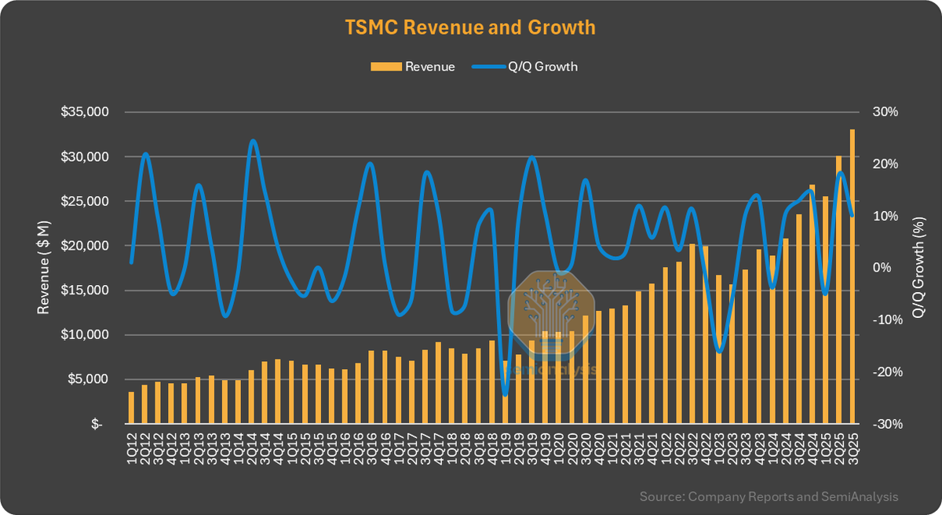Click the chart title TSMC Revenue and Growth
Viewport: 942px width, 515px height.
470,27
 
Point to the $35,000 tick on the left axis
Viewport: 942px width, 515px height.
85,112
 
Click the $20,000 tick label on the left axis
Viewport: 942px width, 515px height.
85,246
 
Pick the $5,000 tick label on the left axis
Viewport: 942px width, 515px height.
88,379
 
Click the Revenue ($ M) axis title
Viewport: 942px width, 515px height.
45,268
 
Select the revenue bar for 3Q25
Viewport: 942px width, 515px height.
853,275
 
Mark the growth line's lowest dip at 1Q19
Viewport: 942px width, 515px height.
505,395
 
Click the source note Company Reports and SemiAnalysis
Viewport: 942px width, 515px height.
769,496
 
